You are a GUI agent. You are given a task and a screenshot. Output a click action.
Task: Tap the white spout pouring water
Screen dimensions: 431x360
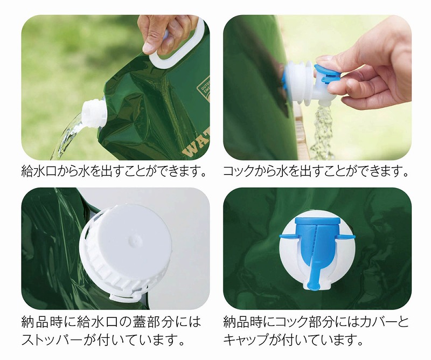click(93, 113)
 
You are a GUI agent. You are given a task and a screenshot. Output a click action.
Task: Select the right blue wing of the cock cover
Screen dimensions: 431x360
click(346, 237)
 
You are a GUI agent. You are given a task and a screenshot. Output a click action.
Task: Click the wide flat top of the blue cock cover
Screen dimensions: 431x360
click(317, 220)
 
